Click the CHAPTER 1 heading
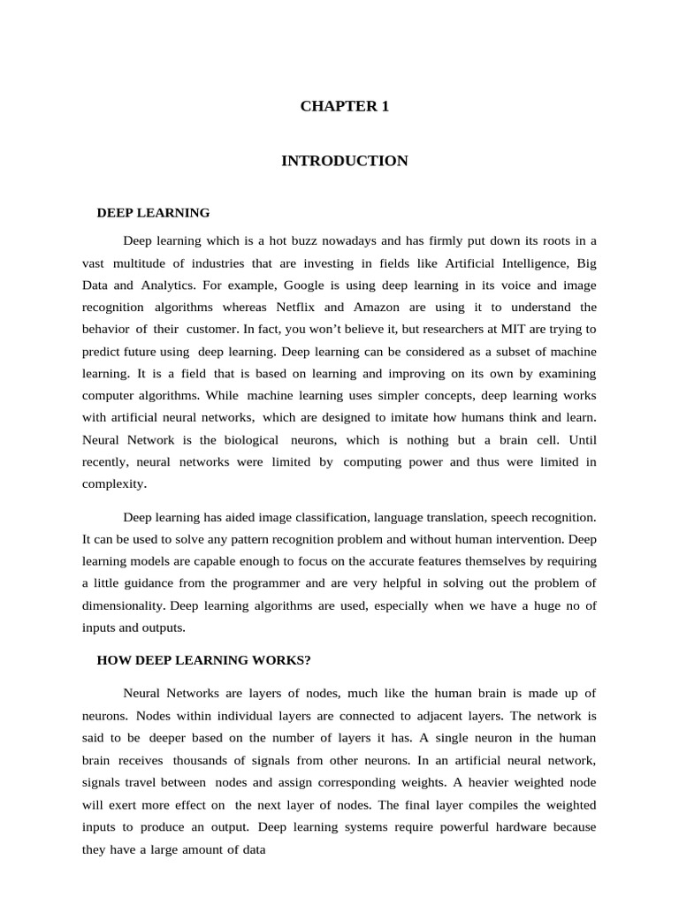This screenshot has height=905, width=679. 344,107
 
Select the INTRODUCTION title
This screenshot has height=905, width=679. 344,161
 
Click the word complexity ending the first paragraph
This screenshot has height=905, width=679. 113,484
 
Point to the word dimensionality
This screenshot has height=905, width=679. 122,605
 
